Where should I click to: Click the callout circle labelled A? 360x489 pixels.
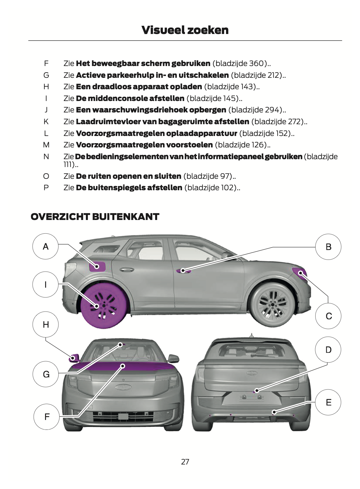pos(45,246)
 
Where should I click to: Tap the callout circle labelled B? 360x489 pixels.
pos(328,247)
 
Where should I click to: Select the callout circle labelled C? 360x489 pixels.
pos(328,316)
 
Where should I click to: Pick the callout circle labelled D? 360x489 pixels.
pos(328,350)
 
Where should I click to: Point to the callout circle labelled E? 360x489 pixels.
pos(328,402)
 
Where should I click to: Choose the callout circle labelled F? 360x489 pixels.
pos(47,416)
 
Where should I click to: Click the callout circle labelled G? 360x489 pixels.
pos(46,374)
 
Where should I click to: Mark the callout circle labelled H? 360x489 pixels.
pos(46,324)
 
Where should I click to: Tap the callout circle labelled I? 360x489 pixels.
pos(45,284)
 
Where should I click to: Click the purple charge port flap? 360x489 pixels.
pos(97,266)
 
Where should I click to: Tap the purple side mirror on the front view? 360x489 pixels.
pos(74,358)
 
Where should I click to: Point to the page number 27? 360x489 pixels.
pos(185,462)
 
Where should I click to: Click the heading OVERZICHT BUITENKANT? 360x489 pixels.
pos(95,217)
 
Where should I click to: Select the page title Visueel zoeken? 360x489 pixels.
pos(185,30)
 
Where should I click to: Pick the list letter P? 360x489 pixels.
pos(46,188)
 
